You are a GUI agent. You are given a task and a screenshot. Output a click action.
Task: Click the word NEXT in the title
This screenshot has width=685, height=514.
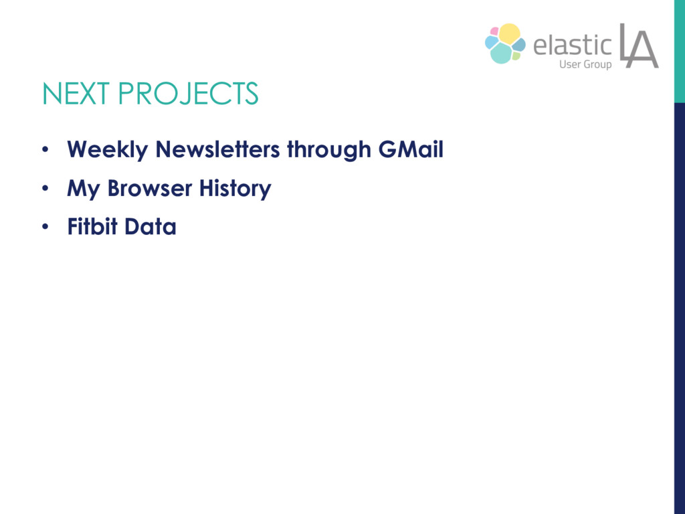[x=76, y=93]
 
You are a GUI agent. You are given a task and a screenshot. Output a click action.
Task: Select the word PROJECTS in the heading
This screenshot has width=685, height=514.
[x=188, y=93]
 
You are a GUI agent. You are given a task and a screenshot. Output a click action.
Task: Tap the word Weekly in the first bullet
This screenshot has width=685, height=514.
[x=108, y=150]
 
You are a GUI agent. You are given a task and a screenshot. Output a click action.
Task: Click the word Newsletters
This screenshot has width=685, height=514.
[x=217, y=149]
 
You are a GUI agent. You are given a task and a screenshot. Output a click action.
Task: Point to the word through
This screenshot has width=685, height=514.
[x=329, y=150]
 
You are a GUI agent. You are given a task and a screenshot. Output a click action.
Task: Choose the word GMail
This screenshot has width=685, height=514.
[x=411, y=149]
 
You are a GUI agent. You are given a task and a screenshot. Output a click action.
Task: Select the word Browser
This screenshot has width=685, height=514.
[x=150, y=188]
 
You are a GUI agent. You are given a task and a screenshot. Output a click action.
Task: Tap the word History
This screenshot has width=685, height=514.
[x=235, y=189]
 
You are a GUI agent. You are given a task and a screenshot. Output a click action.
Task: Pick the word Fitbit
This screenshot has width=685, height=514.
[x=92, y=226]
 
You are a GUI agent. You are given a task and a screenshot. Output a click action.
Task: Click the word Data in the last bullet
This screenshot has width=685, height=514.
[x=151, y=227]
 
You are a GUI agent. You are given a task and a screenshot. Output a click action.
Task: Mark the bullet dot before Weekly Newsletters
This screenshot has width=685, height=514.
[x=45, y=150]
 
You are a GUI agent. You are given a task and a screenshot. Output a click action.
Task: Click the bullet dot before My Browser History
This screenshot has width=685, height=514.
[x=45, y=188]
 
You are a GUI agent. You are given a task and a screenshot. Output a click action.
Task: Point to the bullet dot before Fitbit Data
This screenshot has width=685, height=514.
[x=45, y=227]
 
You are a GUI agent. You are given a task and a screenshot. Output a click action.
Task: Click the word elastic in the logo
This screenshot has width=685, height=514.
[x=573, y=45]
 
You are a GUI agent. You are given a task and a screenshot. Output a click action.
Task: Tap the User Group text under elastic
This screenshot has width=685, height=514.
[x=585, y=64]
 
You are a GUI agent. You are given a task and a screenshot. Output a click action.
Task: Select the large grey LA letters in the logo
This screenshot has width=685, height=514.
[x=639, y=46]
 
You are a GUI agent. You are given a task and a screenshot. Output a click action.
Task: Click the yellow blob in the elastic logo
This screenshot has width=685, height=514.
[x=510, y=33]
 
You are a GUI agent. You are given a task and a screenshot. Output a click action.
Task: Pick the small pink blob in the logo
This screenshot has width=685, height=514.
[x=494, y=31]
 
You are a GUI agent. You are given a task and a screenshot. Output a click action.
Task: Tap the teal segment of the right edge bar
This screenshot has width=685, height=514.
[x=680, y=51]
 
